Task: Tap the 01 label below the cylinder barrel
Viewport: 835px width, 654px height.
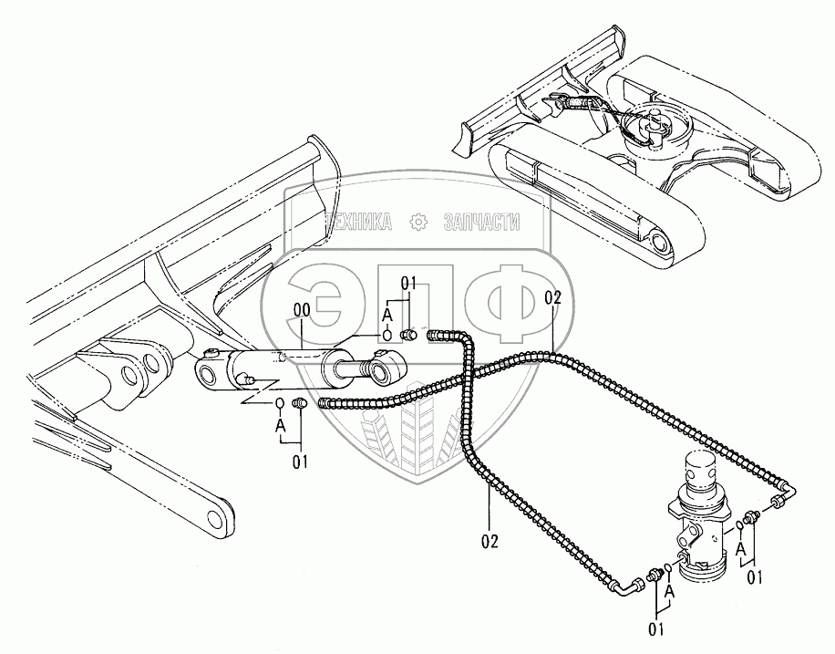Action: (x=300, y=461)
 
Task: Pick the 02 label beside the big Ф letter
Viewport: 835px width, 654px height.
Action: (x=552, y=297)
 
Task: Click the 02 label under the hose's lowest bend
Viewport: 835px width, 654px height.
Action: (x=490, y=540)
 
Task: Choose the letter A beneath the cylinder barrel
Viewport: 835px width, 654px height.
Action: (x=280, y=423)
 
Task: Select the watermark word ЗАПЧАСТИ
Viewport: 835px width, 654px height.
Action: (x=480, y=222)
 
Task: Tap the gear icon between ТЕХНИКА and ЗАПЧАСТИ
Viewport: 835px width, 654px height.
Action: (x=418, y=222)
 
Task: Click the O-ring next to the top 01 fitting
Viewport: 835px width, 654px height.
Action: (x=387, y=335)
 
